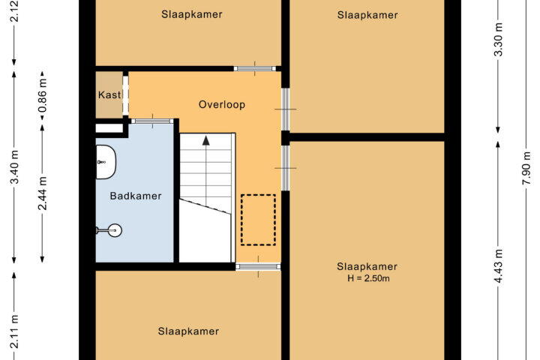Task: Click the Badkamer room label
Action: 136,196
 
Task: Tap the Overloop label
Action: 222,104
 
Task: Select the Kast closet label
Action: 109,94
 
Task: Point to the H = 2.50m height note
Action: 368,278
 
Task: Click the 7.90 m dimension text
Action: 527,168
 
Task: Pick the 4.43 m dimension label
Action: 498,266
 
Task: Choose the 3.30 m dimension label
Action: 498,39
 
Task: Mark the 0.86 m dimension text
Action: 42,96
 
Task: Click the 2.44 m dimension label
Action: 42,193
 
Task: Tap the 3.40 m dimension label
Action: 14,167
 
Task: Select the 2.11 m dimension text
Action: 14,331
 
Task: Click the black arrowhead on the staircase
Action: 206,140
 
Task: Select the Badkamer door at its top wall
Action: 152,121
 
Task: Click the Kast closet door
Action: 126,95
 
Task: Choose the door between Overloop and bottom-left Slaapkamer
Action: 258,266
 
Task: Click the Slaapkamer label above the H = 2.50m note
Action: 367,267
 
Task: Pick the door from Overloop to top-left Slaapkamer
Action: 255,68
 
